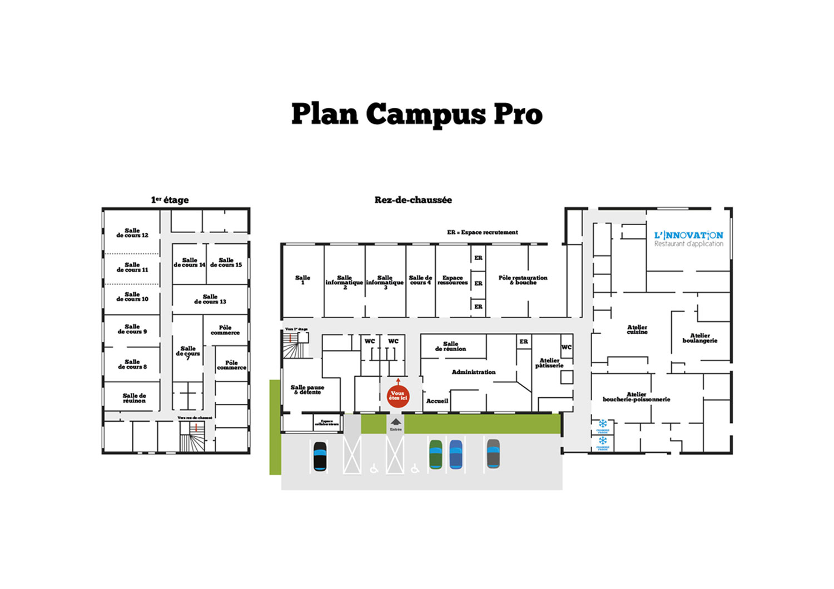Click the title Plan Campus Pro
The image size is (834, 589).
(x=416, y=114)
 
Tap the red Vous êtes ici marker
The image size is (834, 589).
(x=398, y=396)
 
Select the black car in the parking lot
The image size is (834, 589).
(x=320, y=456)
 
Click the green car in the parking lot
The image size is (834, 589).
(x=435, y=454)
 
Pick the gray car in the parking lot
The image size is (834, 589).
(x=493, y=453)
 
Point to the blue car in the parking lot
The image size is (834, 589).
(x=456, y=454)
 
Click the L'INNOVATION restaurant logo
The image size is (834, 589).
(x=689, y=239)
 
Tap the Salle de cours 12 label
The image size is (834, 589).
(x=132, y=233)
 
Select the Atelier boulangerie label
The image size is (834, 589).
(x=700, y=338)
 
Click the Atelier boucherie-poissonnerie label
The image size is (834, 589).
(x=637, y=397)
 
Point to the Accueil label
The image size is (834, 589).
(x=437, y=401)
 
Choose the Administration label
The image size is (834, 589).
(x=474, y=372)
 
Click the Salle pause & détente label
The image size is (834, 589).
(x=307, y=390)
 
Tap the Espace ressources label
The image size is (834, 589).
(x=453, y=280)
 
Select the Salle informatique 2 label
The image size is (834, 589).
(x=344, y=282)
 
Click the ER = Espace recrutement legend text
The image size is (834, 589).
(x=482, y=232)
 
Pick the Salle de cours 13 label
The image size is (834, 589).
(x=210, y=299)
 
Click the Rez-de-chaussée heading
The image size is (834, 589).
(x=413, y=200)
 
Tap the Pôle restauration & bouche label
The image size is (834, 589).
(x=523, y=280)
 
